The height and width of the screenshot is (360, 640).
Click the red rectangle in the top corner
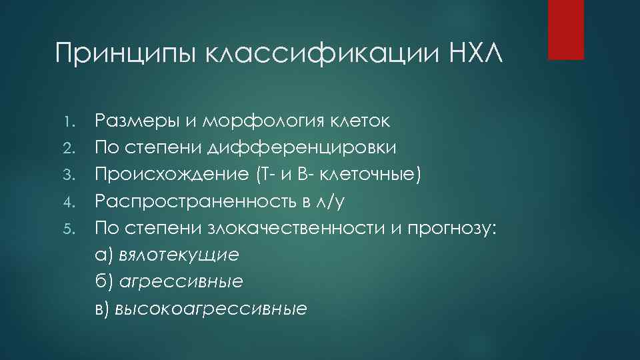click(565, 29)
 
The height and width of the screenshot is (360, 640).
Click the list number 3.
click(76, 175)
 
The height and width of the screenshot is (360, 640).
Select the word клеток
click(365, 121)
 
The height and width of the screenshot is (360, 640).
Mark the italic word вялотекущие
click(178, 255)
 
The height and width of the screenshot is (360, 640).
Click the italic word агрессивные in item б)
click(181, 281)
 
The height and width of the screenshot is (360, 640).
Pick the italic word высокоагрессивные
click(211, 308)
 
